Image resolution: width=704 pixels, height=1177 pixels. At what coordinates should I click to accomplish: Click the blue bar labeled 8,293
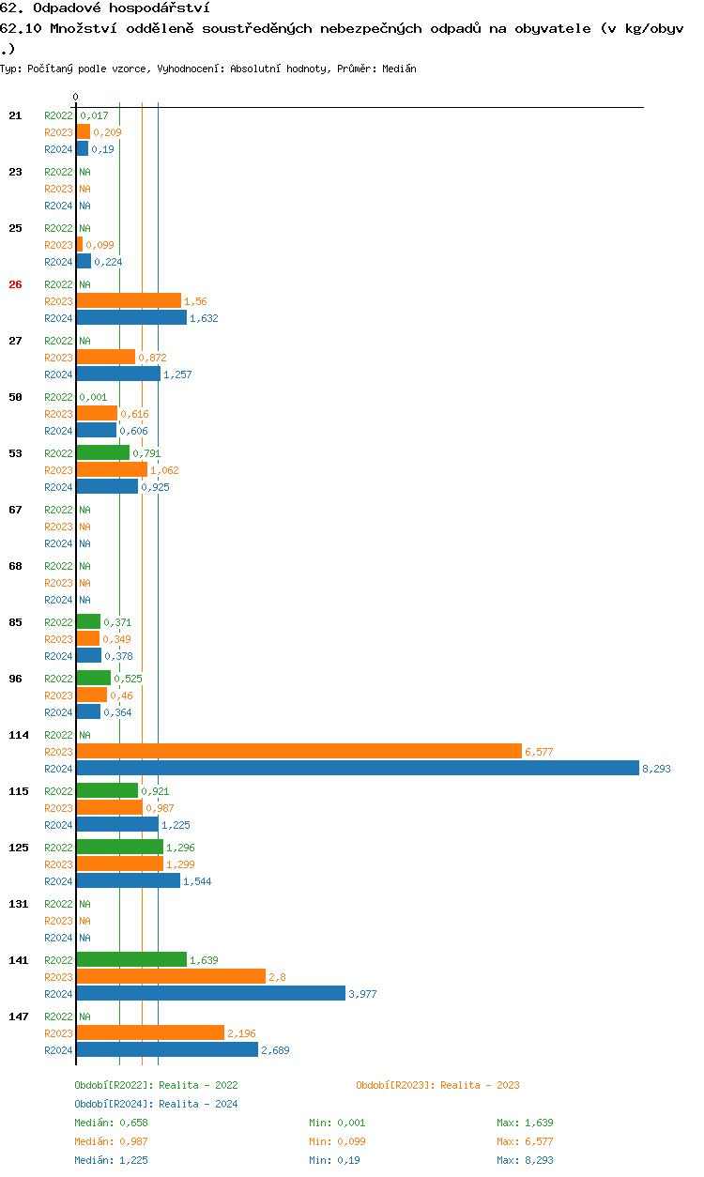pos(357,768)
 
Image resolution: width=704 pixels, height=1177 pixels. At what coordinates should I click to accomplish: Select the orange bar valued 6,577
pos(298,751)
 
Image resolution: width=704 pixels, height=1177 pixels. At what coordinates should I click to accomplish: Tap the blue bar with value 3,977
pos(210,993)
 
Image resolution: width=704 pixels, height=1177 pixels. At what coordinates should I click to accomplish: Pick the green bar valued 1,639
pos(131,959)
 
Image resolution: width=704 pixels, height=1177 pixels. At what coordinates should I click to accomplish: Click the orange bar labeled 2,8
pos(171,976)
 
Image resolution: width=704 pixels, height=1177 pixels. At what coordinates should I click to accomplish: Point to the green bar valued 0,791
pos(102,452)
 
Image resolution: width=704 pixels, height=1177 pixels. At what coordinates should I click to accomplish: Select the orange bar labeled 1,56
pos(129,300)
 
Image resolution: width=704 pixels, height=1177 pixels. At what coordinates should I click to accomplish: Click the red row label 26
pos(15,284)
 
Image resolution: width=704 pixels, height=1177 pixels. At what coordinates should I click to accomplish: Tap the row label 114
pos(19,735)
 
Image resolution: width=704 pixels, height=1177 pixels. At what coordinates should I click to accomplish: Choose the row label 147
pos(19,1016)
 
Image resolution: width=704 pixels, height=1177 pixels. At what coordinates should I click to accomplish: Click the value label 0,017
pos(94,115)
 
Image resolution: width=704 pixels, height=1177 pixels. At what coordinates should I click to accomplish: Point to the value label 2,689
pos(275,1050)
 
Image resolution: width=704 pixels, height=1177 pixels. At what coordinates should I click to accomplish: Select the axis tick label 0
pos(76,97)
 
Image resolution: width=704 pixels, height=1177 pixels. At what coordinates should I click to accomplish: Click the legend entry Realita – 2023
pos(437,1085)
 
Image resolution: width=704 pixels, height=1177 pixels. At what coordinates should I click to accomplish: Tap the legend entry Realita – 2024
pos(156,1104)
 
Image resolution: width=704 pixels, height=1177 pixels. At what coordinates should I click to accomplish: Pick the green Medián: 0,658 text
pos(111,1123)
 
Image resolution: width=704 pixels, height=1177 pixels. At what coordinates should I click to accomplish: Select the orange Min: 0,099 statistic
pos(337,1141)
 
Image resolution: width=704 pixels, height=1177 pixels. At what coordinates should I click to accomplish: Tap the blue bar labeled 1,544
pos(128,880)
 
